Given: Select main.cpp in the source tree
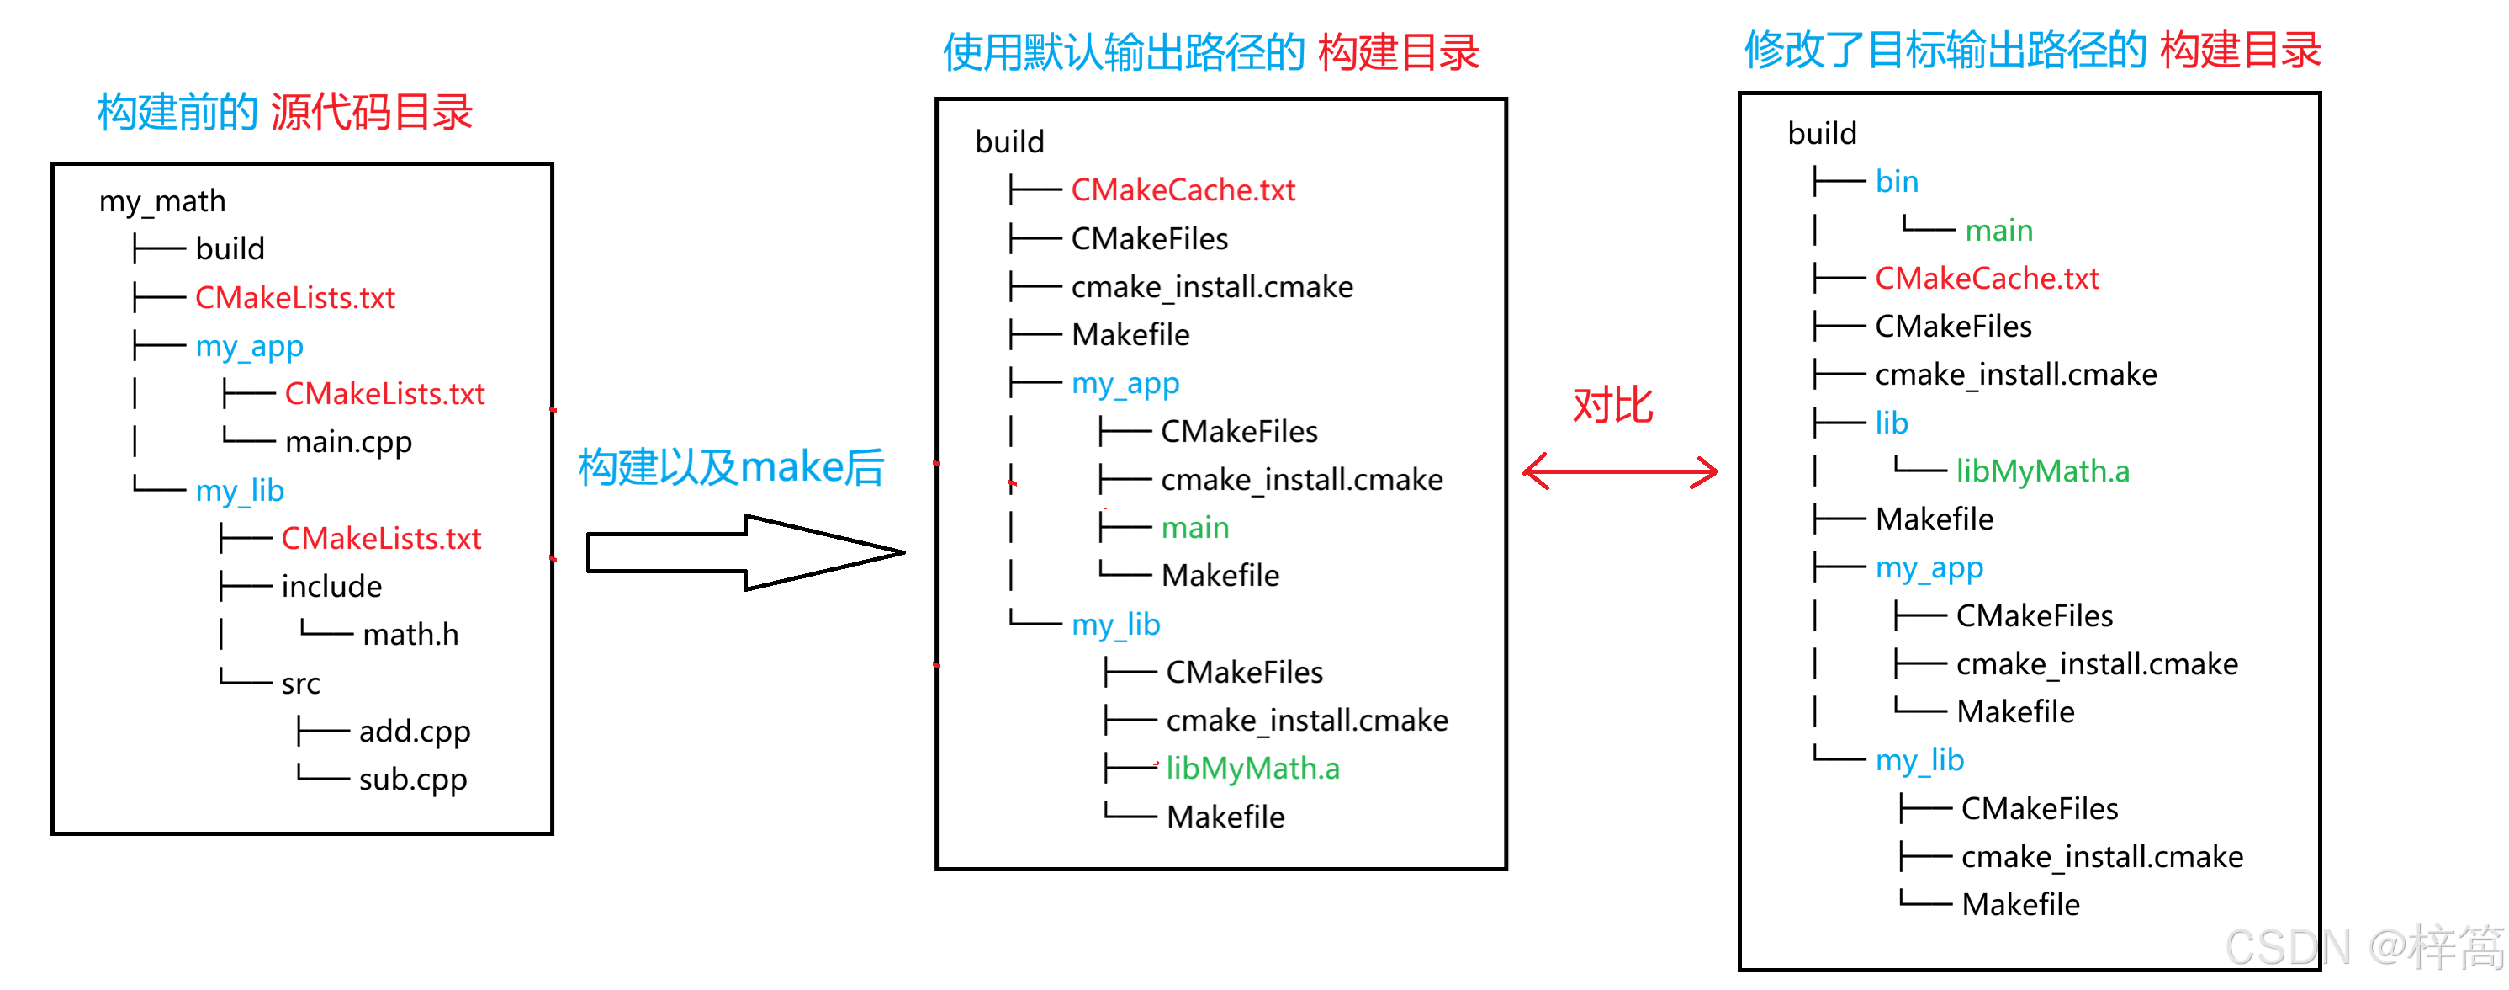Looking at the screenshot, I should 347,441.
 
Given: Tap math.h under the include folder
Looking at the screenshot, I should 410,635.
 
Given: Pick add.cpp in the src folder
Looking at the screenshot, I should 414,731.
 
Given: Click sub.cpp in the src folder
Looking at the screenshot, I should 413,780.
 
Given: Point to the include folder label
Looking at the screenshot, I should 331,587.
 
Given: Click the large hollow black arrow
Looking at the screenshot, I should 745,552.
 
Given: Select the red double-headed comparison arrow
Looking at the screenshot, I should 1619,471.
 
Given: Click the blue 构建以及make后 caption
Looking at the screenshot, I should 730,466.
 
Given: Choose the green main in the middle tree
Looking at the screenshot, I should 1195,528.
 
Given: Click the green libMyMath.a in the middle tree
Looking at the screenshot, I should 1252,769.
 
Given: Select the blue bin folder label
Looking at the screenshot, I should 1897,181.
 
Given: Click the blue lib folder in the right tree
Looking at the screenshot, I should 1892,423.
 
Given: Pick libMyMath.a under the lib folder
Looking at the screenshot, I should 2042,471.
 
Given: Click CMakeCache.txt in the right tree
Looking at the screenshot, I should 1986,279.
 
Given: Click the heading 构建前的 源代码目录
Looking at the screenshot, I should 284,112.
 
